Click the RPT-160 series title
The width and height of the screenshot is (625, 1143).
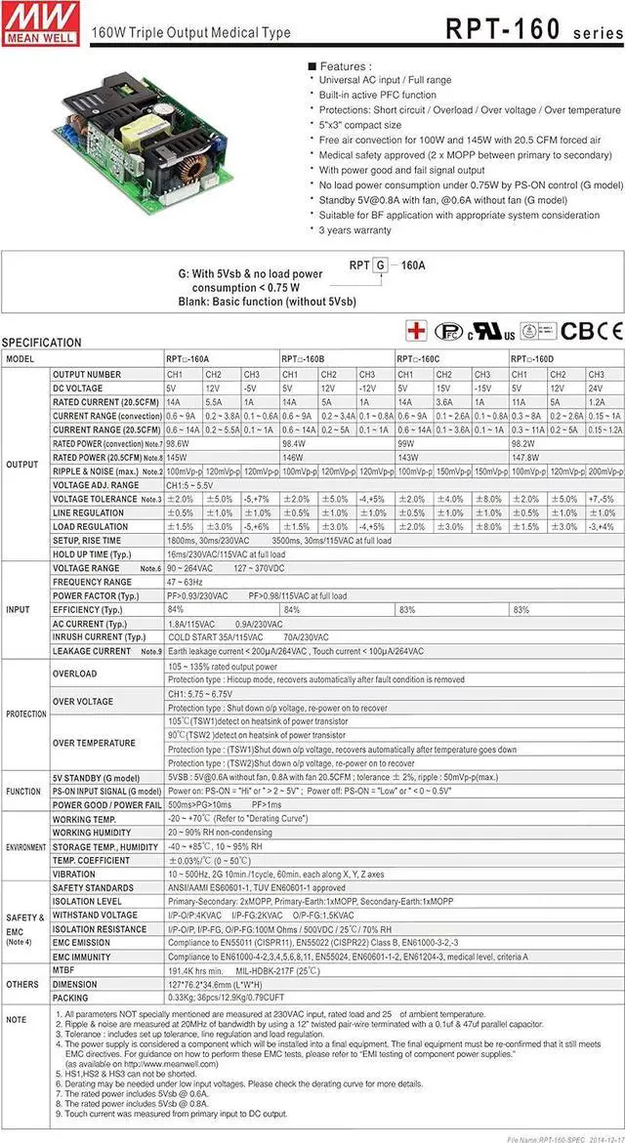pyautogui.click(x=533, y=29)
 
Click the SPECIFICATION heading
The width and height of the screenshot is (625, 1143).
pyautogui.click(x=42, y=343)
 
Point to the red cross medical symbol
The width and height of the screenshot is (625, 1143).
pyautogui.click(x=417, y=331)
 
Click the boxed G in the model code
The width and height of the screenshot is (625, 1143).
pyautogui.click(x=382, y=265)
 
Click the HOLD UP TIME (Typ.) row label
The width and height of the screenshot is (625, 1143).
pyautogui.click(x=93, y=553)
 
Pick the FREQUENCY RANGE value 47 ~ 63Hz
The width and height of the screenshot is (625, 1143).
pyautogui.click(x=190, y=582)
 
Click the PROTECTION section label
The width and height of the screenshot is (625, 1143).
pyautogui.click(x=25, y=714)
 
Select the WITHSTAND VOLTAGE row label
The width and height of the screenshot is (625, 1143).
pyautogui.click(x=95, y=916)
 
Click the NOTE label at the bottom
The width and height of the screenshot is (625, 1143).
pyautogui.click(x=16, y=1019)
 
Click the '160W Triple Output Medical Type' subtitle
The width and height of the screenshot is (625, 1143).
pyautogui.click(x=190, y=32)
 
